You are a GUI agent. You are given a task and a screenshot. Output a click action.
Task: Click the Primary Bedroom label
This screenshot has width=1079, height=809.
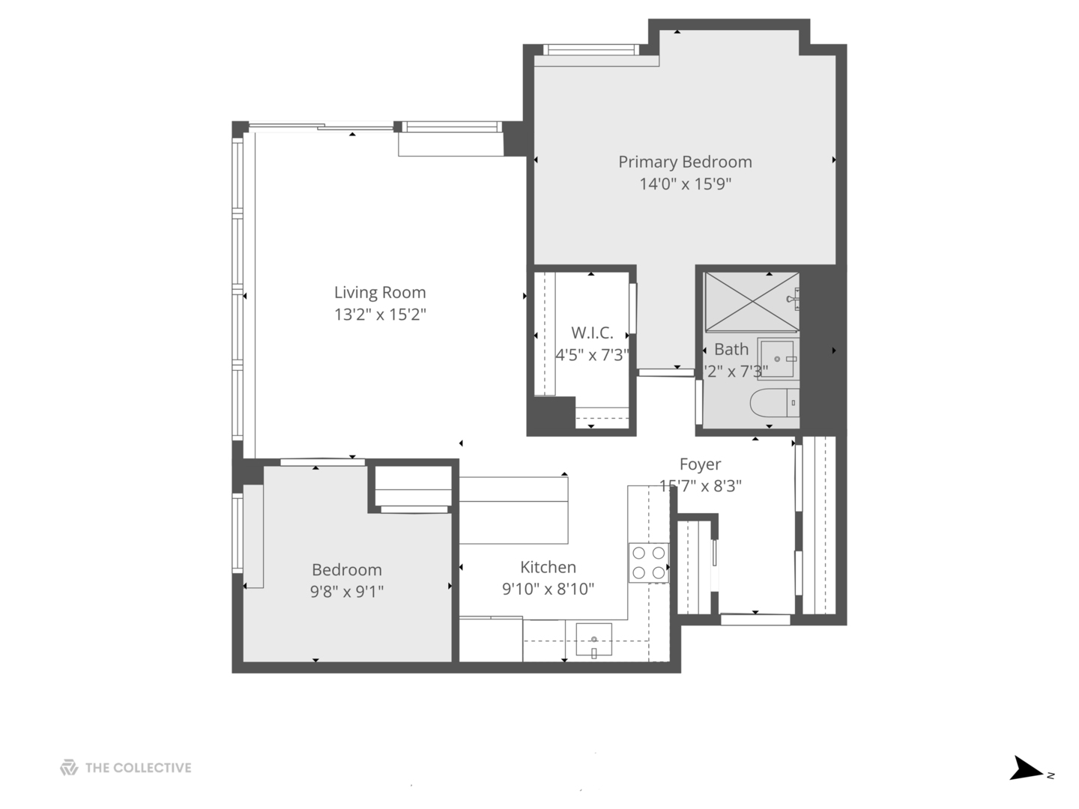pos(685,162)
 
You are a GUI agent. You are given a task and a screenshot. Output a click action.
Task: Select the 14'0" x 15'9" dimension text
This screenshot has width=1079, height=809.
pos(685,184)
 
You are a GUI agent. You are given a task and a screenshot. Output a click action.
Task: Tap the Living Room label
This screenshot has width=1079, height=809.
pos(380,293)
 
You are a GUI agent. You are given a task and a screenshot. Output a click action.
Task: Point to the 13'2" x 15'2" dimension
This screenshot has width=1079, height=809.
pos(380,315)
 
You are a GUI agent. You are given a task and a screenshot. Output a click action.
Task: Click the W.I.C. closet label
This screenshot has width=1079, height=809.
pos(592,333)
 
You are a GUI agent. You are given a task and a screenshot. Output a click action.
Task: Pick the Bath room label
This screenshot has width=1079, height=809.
pos(731,350)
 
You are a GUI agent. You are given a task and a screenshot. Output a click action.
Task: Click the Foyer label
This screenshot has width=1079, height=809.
pos(700,464)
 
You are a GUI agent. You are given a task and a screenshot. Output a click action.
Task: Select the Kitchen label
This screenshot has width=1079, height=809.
pos(548,568)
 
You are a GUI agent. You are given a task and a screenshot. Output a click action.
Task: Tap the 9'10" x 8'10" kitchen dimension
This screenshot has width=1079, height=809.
pos(548,590)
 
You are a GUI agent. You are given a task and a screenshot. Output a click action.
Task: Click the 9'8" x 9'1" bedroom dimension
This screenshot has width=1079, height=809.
pos(347,592)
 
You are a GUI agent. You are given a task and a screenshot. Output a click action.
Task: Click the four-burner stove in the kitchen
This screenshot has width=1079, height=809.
pos(648,563)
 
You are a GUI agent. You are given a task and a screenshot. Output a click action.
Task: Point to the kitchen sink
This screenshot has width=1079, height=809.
pos(593,640)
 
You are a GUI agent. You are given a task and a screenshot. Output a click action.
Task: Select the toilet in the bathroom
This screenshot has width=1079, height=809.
pos(775,403)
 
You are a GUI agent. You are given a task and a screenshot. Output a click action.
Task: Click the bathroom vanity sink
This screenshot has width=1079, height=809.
pos(779,360)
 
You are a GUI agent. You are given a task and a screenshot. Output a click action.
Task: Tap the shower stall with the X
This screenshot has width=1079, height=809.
pos(752,301)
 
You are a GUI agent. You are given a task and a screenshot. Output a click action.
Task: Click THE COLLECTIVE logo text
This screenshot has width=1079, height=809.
pos(138,768)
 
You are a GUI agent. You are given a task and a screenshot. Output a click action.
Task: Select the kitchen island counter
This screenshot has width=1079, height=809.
pos(513,509)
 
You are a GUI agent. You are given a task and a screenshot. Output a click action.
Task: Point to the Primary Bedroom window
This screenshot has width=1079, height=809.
pos(590,50)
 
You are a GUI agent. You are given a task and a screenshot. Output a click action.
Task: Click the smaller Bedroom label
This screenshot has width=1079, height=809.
pos(347,570)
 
